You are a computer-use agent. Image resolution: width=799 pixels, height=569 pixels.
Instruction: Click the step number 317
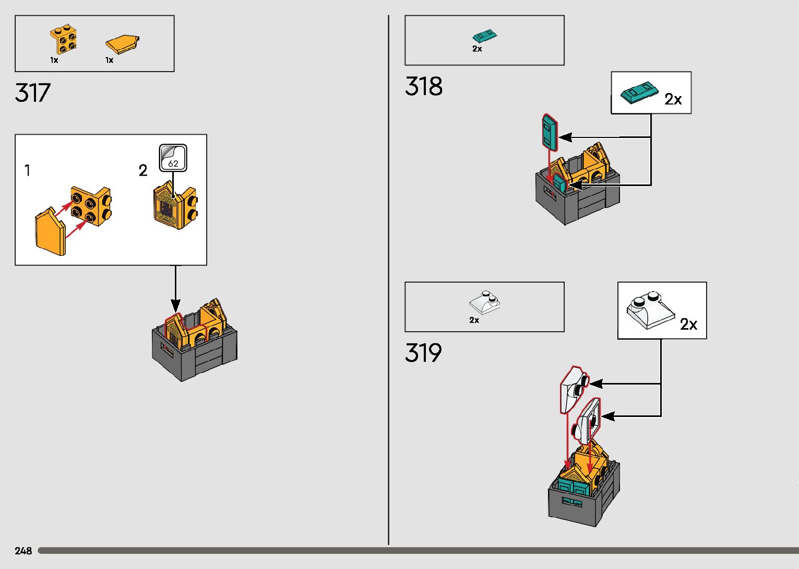(32, 93)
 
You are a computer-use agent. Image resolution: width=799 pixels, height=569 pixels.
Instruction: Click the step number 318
(423, 86)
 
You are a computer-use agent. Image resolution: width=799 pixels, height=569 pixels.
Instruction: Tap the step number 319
(423, 353)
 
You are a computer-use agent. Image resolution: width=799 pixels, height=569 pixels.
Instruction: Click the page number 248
(23, 551)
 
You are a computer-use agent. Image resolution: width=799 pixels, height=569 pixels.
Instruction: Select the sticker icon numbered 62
(173, 158)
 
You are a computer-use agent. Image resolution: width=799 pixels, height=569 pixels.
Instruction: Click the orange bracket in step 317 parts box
(64, 39)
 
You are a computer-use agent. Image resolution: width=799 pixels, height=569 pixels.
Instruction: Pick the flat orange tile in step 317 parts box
(122, 44)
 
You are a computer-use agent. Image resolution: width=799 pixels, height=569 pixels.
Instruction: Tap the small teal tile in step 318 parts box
(484, 36)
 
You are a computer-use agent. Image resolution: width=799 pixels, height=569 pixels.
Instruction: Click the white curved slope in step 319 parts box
(485, 302)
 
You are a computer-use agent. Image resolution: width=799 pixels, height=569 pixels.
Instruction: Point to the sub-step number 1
(28, 170)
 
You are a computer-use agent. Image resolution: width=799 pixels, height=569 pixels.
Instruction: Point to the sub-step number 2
(142, 170)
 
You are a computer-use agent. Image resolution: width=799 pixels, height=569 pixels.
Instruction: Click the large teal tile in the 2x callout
(639, 92)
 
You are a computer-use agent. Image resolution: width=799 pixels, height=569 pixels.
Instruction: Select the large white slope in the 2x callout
(651, 310)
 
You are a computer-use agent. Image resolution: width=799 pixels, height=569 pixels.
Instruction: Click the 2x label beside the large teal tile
(673, 99)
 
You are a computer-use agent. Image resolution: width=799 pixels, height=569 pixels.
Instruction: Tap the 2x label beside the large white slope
(688, 324)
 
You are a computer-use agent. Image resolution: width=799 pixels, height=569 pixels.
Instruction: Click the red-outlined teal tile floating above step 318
(550, 132)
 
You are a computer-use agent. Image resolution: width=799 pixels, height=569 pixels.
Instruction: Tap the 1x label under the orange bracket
(54, 60)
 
